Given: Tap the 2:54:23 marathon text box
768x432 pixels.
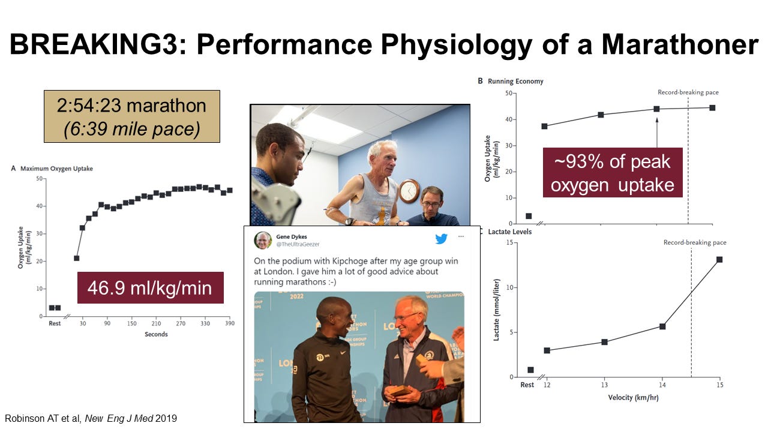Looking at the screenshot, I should [x=132, y=116].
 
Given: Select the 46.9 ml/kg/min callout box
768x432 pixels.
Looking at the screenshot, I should [x=149, y=288].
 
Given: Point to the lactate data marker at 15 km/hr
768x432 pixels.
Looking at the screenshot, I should [x=719, y=259].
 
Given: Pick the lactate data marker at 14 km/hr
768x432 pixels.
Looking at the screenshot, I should [x=662, y=326].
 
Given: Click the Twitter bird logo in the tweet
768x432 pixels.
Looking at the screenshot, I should [x=442, y=239].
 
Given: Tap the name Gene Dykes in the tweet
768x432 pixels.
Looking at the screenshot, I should [x=291, y=237].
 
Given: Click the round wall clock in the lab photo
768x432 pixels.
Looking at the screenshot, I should [x=409, y=191].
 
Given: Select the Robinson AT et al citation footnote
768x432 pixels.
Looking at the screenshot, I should [x=92, y=418].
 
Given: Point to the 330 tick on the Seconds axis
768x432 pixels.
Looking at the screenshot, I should [x=205, y=323].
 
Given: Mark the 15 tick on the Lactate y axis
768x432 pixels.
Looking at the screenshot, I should [x=509, y=242].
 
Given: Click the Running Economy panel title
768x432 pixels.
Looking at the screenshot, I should [x=515, y=81].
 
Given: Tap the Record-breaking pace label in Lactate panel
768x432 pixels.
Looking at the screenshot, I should [x=695, y=242].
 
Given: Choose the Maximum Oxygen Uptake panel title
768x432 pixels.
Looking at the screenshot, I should [x=56, y=169].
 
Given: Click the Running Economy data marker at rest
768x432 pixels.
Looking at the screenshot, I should [x=529, y=216].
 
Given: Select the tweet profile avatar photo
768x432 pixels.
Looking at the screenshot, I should [x=263, y=240].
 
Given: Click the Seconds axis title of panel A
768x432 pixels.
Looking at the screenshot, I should [x=156, y=334].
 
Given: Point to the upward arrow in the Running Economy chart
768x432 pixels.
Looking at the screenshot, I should [x=657, y=132].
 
